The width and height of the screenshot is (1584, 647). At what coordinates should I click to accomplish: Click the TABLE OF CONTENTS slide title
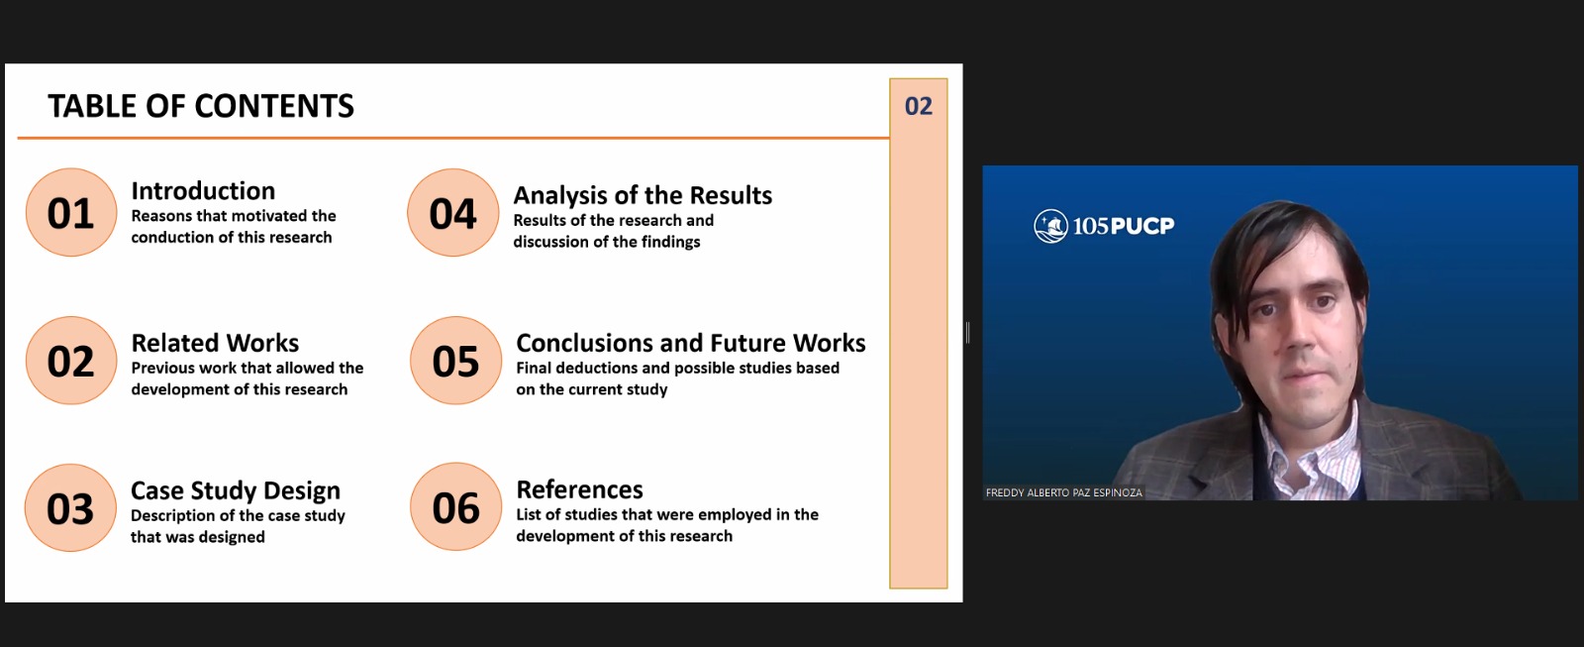tap(201, 106)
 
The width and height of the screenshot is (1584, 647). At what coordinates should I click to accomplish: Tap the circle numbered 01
tap(70, 212)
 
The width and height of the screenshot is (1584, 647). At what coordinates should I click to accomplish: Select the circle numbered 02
tap(70, 361)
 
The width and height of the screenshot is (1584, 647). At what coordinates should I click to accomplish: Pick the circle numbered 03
tap(70, 507)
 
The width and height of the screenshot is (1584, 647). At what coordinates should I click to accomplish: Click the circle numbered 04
tap(452, 212)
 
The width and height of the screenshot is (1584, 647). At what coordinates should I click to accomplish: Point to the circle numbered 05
tap(455, 361)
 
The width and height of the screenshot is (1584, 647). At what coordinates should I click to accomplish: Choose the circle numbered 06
tap(455, 507)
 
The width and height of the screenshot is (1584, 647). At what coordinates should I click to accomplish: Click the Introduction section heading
tap(203, 190)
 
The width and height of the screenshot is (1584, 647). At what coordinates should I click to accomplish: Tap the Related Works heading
tap(215, 343)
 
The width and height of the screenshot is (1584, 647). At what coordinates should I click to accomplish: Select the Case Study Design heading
tap(236, 490)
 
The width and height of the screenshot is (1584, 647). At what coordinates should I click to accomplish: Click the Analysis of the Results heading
tap(643, 195)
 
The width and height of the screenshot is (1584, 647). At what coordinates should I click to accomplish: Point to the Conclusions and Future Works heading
tap(691, 343)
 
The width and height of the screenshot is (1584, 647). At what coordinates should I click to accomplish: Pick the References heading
tap(580, 489)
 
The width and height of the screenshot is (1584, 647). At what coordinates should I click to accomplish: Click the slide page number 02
tap(919, 106)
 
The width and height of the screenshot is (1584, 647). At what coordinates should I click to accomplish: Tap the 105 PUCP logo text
tap(1123, 226)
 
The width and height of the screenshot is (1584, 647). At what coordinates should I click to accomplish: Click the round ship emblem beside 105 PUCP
tap(1050, 226)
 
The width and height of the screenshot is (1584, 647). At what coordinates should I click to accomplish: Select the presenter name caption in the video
tap(1063, 492)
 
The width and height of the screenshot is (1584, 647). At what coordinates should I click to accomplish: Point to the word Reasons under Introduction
tap(159, 216)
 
